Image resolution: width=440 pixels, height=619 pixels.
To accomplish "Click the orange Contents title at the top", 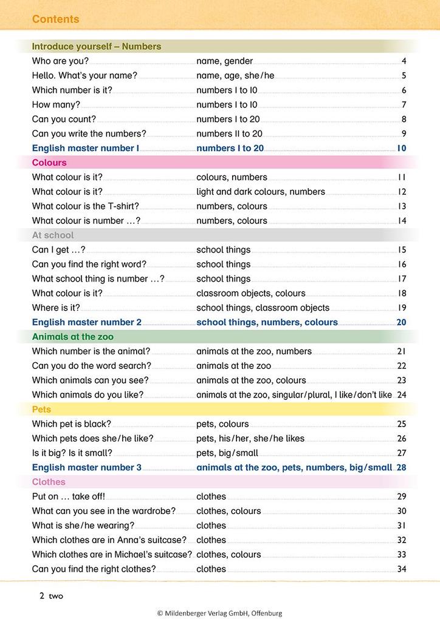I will (x=55, y=19).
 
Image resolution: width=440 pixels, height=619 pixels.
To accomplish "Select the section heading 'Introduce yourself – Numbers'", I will (x=96, y=46).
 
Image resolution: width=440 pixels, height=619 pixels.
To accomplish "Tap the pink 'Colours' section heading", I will (x=49, y=163).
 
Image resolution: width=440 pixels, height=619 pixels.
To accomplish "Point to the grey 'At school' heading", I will (x=53, y=235).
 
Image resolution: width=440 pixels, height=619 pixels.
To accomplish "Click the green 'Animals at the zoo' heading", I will (x=72, y=337).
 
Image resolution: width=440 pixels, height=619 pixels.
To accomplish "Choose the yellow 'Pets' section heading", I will (x=42, y=409).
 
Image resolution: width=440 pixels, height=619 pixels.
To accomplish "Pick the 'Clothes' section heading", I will (x=49, y=482).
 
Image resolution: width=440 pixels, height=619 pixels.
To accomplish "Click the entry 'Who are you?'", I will (x=60, y=61).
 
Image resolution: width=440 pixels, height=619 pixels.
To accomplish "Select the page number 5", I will (x=404, y=76).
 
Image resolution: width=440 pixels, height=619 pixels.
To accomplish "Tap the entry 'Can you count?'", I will (x=64, y=120).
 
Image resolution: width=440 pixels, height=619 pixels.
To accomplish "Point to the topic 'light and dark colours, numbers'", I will (x=261, y=192).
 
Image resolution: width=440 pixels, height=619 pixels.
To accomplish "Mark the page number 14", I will (x=401, y=221).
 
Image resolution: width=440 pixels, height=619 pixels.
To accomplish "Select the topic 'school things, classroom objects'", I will (x=263, y=308).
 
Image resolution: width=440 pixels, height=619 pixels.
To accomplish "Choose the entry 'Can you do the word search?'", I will (x=91, y=366).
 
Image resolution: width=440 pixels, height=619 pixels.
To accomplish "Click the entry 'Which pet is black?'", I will (x=71, y=424).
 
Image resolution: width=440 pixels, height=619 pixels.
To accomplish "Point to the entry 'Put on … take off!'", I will (x=68, y=496).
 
